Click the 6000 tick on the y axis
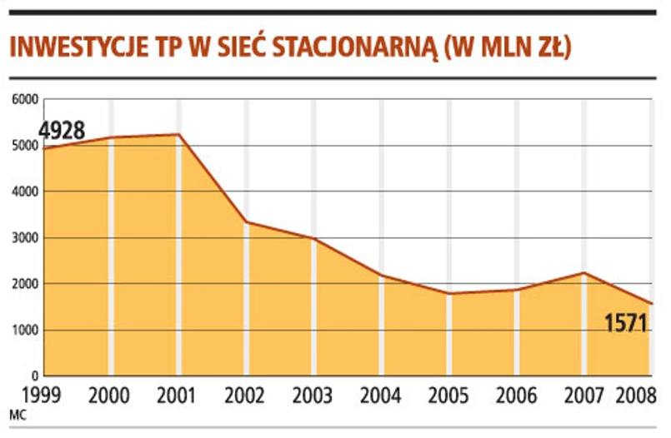point(25,100)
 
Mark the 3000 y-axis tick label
point(25,238)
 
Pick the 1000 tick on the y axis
point(25,331)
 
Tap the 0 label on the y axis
point(36,376)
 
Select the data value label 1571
point(626,321)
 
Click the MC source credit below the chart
point(17,413)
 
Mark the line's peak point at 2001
point(179,135)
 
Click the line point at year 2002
point(247,222)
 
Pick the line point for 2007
point(585,273)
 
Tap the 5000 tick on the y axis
point(25,146)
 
